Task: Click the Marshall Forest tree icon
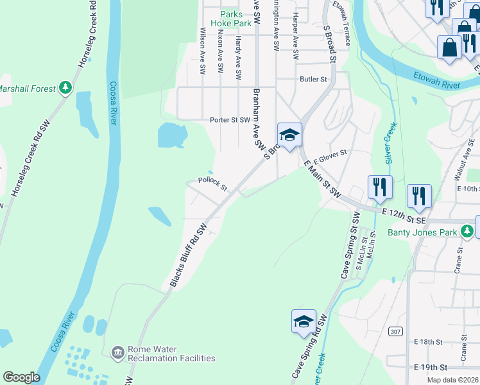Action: (x=65, y=88)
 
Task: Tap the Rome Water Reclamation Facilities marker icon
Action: (x=117, y=352)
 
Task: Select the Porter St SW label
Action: (x=230, y=120)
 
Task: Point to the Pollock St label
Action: (x=212, y=184)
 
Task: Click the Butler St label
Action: (x=314, y=79)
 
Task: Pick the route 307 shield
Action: (x=395, y=330)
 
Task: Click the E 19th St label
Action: (x=431, y=366)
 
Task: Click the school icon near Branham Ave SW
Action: (x=289, y=135)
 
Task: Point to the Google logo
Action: (x=22, y=377)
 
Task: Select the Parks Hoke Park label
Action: (x=236, y=18)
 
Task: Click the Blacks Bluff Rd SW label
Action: (x=188, y=255)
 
